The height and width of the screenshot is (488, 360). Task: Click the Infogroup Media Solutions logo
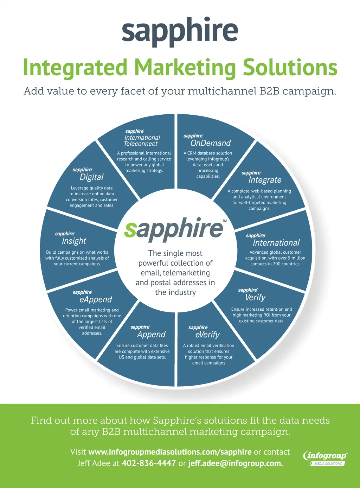[325, 458]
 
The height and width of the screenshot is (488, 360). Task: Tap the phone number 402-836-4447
[149, 463]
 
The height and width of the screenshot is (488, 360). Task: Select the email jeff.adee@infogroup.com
[236, 463]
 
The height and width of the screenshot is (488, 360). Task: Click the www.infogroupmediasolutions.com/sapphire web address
[170, 452]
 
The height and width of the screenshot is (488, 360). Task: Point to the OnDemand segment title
[210, 143]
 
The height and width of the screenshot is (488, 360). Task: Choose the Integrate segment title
[265, 180]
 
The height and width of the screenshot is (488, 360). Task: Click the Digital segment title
[92, 177]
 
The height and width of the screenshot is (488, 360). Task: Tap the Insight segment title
[74, 241]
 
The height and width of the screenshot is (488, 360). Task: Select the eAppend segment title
[96, 299]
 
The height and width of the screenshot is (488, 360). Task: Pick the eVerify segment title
[207, 335]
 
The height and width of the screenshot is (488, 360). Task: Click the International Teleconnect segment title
[142, 141]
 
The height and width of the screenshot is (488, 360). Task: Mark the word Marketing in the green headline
[185, 67]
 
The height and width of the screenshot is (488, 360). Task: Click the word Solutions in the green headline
[290, 67]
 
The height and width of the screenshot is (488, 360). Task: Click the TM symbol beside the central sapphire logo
[225, 221]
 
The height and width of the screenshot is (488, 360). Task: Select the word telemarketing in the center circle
[186, 273]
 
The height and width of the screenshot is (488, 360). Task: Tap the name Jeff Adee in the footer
[94, 463]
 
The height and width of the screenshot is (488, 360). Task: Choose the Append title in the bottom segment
[151, 334]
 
